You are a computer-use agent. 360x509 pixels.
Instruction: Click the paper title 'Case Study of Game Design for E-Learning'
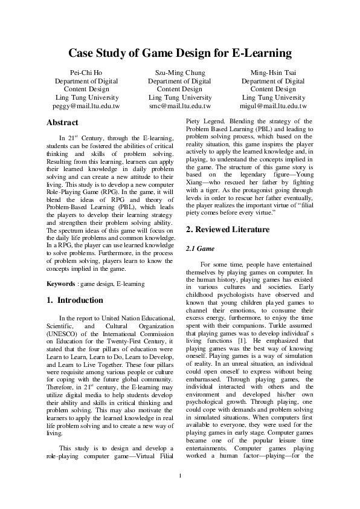[179, 53]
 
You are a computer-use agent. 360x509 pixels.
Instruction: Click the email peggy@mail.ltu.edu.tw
[86, 106]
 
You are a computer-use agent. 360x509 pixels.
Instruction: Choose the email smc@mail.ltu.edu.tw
[179, 106]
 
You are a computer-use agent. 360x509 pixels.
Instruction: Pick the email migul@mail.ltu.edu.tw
[273, 106]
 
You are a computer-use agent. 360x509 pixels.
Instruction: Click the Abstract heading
[62, 123]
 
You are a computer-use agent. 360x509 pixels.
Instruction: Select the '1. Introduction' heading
[75, 300]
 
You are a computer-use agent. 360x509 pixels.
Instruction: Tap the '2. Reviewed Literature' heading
[228, 246]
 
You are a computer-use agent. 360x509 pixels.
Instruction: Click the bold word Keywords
[62, 284]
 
